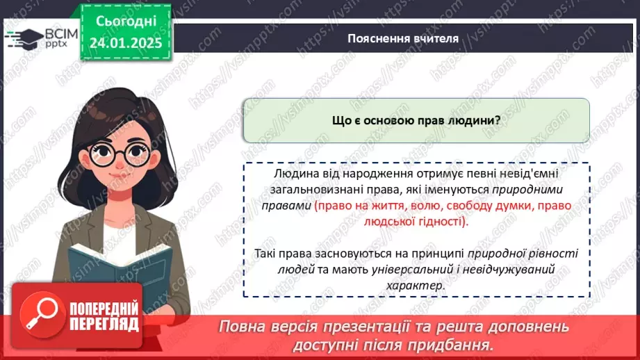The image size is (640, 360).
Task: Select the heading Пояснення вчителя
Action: point(403,39)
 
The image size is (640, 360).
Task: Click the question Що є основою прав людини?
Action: point(416,120)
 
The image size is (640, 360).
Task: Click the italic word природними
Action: point(528,188)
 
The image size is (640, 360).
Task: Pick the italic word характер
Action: point(416,286)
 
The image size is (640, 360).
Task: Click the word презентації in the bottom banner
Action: point(375,327)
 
